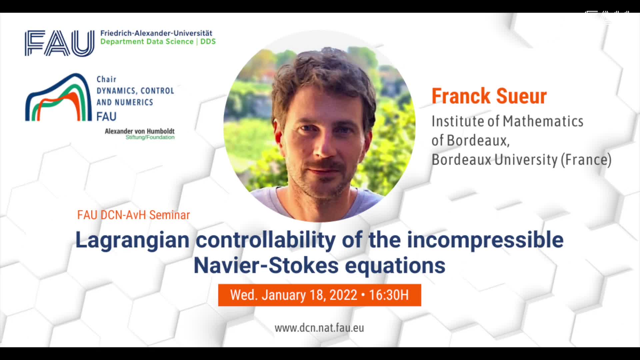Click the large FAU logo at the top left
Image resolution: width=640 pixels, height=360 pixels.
tap(60, 43)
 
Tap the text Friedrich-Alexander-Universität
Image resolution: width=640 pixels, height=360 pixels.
tap(156, 33)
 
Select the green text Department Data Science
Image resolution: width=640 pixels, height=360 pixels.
tap(147, 42)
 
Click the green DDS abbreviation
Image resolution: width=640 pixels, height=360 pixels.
tap(208, 41)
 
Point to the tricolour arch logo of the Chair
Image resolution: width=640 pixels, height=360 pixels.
tap(58, 97)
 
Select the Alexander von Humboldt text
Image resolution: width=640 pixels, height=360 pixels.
tap(140, 131)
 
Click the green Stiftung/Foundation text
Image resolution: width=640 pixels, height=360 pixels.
tap(150, 137)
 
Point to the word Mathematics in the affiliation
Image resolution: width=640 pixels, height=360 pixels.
tap(543, 121)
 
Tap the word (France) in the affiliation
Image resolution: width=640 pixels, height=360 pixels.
tap(586, 160)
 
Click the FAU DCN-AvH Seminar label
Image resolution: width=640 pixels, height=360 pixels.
tap(133, 215)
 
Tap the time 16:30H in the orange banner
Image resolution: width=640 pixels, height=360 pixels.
tap(389, 295)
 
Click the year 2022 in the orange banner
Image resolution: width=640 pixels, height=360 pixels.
tap(343, 295)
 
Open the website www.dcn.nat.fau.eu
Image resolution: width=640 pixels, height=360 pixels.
tap(319, 328)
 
